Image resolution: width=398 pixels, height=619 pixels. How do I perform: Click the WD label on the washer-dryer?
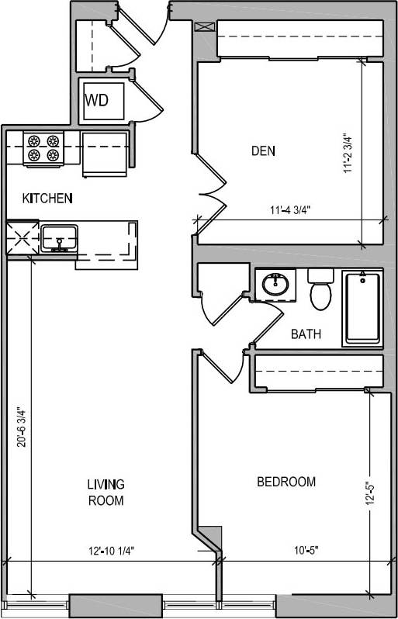(x=97, y=100)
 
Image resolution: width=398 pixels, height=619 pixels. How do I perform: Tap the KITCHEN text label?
(x=47, y=199)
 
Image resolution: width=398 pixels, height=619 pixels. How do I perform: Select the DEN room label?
(x=264, y=150)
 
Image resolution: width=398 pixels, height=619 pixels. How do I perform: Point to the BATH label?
(x=306, y=334)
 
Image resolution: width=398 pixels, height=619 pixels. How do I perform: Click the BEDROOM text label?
(x=286, y=482)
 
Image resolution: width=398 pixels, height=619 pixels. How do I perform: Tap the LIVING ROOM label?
(x=106, y=492)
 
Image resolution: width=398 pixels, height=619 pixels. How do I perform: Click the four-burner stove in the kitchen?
(x=43, y=148)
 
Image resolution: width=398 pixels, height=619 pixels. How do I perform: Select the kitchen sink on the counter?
(x=59, y=238)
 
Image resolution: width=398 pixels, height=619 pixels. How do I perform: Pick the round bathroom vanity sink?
(x=275, y=285)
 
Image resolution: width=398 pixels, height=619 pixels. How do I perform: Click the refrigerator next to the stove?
(x=105, y=153)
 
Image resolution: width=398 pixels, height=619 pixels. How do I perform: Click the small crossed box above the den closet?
(x=204, y=26)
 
